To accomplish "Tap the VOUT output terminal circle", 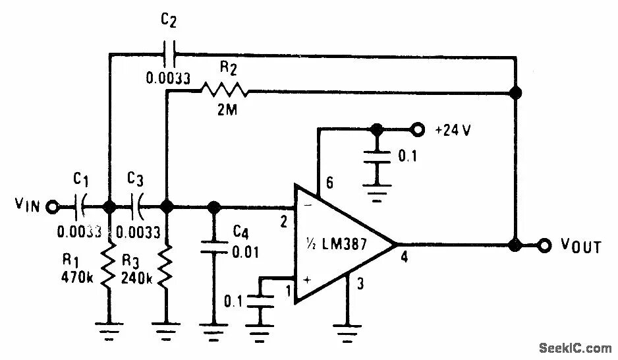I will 544,246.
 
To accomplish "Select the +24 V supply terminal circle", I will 416,129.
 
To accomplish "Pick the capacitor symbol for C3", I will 139,207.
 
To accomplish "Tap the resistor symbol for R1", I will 109,267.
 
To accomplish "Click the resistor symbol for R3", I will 167,267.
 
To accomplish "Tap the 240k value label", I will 136,278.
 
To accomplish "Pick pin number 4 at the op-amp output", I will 405,258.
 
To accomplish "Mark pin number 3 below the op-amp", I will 360,284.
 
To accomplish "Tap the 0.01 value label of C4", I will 245,253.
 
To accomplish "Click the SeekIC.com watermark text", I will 575,347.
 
